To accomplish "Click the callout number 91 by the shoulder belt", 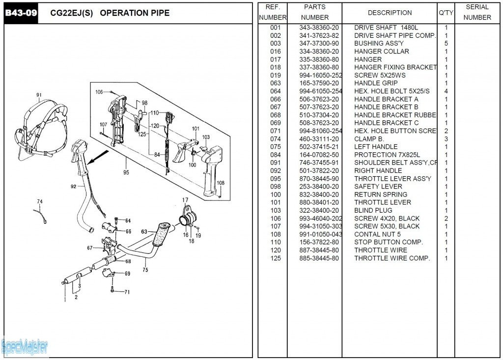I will pyautogui.click(x=39, y=95).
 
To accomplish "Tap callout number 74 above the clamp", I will pyautogui.click(x=40, y=201).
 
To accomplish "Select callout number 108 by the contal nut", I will pyautogui.click(x=221, y=183).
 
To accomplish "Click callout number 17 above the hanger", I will pyautogui.click(x=185, y=200).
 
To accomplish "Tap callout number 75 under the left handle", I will pyautogui.click(x=145, y=270).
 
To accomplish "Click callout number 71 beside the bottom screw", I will pyautogui.click(x=127, y=292).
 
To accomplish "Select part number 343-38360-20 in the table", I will pyautogui.click(x=319, y=28).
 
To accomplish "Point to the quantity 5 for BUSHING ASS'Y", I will pyautogui.click(x=446, y=43).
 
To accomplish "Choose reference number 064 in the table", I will pyautogui.click(x=276, y=91).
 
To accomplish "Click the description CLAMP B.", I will pyautogui.click(x=369, y=138).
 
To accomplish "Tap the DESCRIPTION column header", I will pyautogui.click(x=390, y=13).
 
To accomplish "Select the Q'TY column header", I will pyautogui.click(x=446, y=13).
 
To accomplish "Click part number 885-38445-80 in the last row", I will pyautogui.click(x=319, y=258).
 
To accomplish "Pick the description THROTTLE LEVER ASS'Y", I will pyautogui.click(x=392, y=179).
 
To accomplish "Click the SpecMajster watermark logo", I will pyautogui.click(x=25, y=347).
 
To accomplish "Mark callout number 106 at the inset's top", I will pyautogui.click(x=99, y=92).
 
